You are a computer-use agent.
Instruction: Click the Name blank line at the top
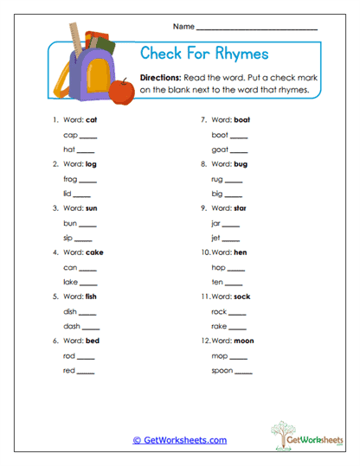click(256, 29)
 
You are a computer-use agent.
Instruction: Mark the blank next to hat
click(87, 150)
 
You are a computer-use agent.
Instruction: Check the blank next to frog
click(89, 180)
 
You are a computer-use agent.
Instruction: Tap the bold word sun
click(92, 208)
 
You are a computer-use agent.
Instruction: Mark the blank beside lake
click(89, 282)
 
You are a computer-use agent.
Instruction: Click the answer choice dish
click(70, 311)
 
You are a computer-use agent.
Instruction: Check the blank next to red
click(87, 371)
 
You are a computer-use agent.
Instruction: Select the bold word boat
click(241, 119)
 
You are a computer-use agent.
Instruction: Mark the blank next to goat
click(239, 150)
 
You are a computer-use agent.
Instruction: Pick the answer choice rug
click(217, 180)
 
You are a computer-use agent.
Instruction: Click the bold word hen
click(240, 252)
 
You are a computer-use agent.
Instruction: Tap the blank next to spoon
click(243, 371)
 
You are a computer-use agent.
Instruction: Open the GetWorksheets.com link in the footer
click(180, 440)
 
